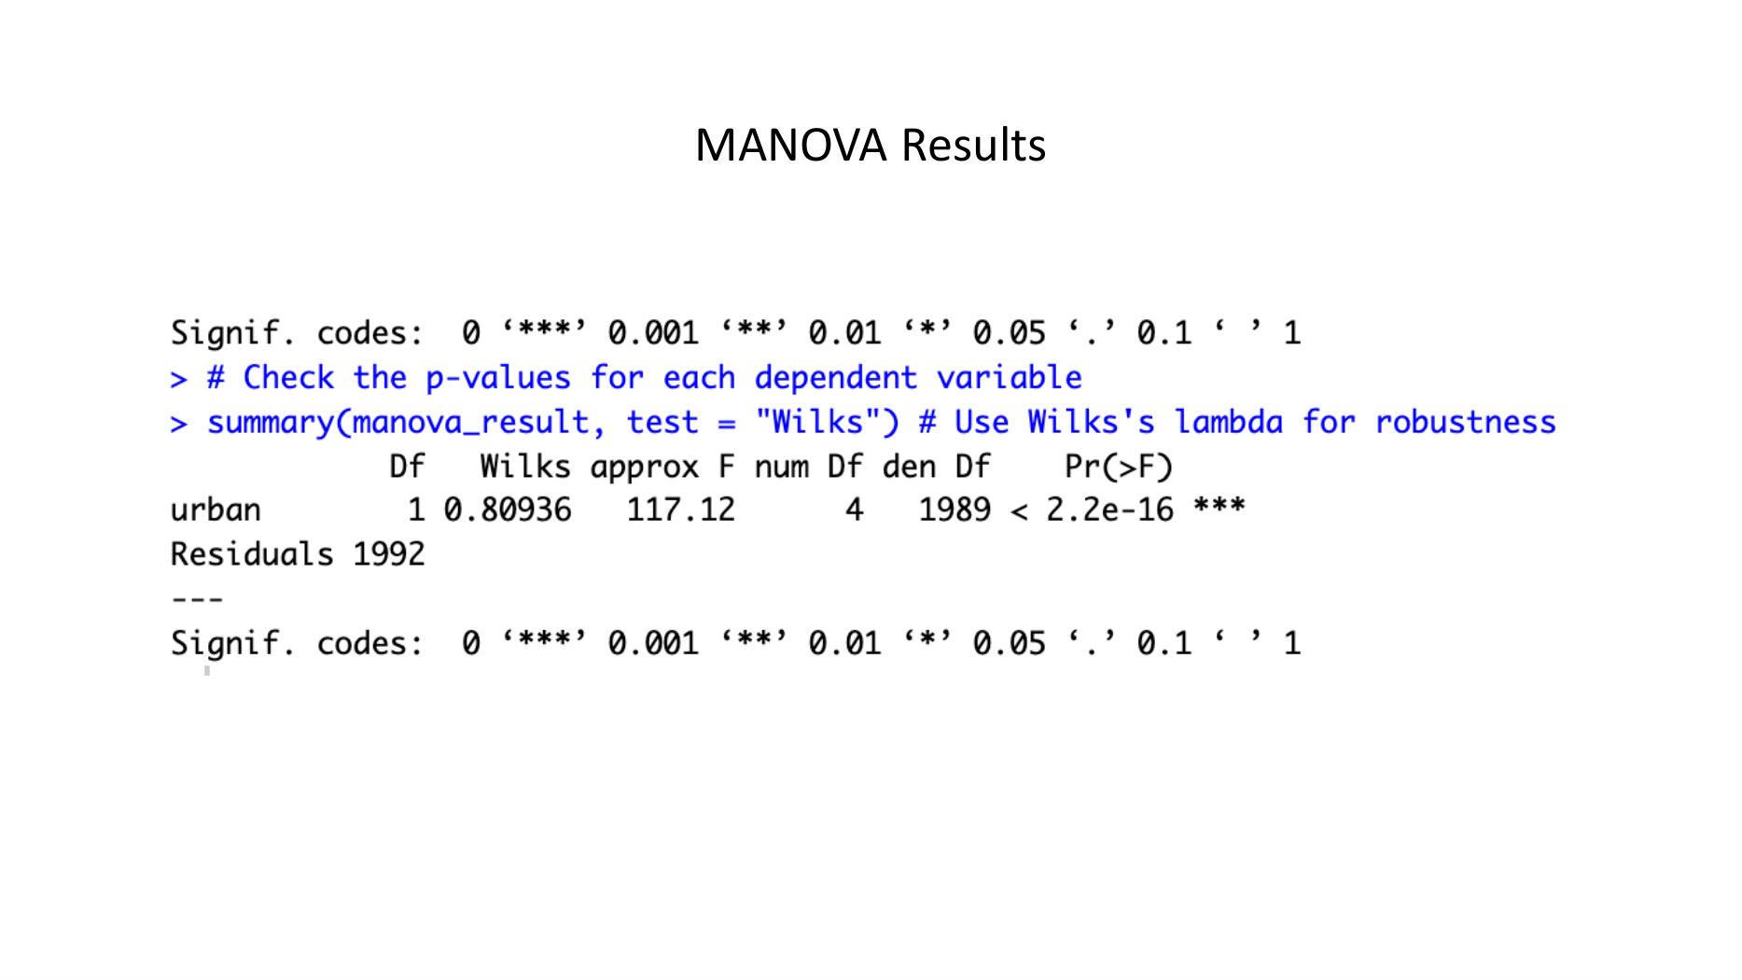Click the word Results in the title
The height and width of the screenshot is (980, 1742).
(974, 146)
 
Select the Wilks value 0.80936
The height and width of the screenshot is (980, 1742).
(508, 510)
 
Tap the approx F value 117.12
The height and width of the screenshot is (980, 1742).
(681, 510)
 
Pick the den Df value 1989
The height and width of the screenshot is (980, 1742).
(955, 510)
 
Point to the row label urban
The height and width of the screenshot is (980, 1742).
(216, 510)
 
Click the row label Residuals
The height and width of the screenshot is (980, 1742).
(252, 554)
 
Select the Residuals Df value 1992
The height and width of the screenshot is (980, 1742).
(389, 554)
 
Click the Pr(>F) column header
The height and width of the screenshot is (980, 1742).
(1119, 466)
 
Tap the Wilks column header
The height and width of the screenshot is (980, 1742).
(525, 466)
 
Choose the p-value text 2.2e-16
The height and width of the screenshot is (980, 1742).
(1110, 510)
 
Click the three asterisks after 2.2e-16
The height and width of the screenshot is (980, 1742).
(1219, 506)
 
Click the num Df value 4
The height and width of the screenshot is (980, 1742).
(855, 510)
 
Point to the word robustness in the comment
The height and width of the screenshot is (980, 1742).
(1466, 422)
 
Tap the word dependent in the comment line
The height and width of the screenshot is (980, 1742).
(836, 378)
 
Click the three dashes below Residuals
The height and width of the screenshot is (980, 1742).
(198, 599)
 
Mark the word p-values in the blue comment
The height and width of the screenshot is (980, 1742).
(498, 378)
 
